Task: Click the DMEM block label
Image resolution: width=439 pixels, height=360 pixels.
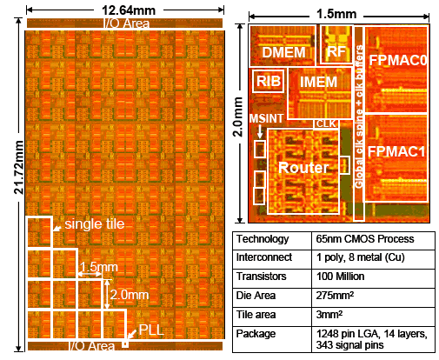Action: coord(283,52)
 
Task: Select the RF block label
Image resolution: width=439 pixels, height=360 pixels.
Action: coord(336,52)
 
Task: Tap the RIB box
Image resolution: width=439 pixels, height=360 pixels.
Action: coord(269,81)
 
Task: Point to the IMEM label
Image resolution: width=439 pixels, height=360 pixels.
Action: coord(318,82)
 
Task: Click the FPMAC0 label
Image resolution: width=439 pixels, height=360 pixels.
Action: coord(397,60)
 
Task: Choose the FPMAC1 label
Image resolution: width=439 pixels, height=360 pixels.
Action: coord(396,151)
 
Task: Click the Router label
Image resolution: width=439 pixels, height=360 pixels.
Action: coord(303,168)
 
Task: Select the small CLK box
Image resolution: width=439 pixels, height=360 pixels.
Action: coord(326,123)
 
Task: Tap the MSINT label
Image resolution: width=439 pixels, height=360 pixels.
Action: coord(266,118)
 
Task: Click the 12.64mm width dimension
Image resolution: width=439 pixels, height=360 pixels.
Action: coord(129,10)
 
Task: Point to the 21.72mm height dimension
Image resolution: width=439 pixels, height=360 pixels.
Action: coord(19,167)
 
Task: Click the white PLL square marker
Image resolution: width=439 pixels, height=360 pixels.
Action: coord(125,344)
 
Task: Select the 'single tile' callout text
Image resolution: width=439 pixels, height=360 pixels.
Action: coord(95,223)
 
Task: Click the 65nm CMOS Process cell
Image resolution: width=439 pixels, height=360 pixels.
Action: coord(365,239)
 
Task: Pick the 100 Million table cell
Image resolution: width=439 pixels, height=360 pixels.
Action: coord(340,277)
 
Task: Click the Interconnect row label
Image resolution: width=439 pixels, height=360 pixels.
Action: coord(264,257)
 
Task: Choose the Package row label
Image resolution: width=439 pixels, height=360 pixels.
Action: coord(256,334)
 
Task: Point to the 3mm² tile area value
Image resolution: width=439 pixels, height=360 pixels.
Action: coord(329,315)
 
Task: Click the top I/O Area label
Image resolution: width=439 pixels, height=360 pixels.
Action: coord(126,23)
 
